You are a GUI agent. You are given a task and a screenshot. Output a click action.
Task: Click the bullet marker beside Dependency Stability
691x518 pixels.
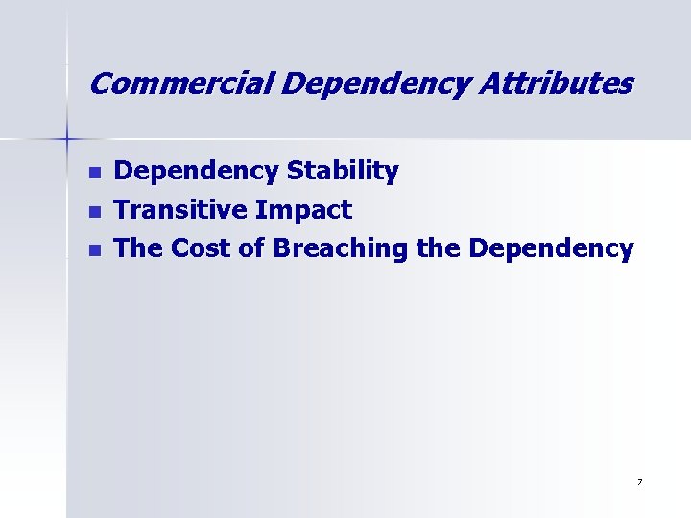pos(93,173)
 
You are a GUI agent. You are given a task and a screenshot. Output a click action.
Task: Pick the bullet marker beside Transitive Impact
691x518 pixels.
pos(93,211)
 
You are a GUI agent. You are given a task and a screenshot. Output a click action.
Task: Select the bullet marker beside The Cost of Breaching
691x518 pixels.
pos(93,249)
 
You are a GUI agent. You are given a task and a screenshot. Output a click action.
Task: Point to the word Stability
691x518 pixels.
pos(343,172)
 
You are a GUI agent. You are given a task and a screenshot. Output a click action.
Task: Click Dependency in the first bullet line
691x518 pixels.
pos(197,172)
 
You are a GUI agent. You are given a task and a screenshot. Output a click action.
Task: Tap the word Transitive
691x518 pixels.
pos(181,210)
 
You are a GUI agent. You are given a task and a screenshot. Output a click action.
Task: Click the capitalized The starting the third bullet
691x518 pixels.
pos(138,248)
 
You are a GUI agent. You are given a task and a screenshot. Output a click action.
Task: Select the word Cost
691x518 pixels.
pos(202,248)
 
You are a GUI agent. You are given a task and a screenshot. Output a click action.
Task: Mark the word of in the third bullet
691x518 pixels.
pos(252,248)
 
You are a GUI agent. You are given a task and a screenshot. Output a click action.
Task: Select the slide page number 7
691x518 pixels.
pos(639,482)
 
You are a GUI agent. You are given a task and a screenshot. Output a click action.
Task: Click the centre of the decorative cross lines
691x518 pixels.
pos(67,139)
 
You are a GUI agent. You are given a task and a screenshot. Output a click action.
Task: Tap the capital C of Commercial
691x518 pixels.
pos(100,84)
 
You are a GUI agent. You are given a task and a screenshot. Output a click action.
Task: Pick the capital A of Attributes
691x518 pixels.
pos(491,84)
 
